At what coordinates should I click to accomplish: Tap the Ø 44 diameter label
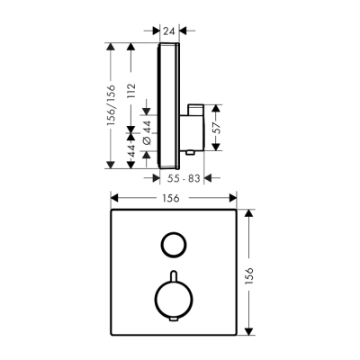click(x=148, y=135)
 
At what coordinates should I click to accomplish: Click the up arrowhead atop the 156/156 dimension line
click(x=109, y=45)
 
